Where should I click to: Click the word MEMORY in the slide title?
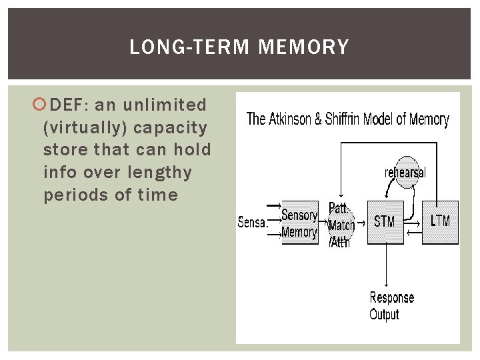point(303,47)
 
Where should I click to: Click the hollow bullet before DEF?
point(41,105)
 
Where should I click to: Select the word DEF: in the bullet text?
point(71,105)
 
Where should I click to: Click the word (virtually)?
point(85,127)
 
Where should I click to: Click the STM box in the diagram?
point(385,222)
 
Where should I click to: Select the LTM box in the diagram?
point(441,222)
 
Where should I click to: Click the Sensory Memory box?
point(299,223)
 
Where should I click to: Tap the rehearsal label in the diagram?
point(405,173)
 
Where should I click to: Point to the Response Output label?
point(392,305)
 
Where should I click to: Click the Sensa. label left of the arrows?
point(253,223)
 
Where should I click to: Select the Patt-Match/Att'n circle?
point(341,225)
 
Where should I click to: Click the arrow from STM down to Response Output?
point(386,266)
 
